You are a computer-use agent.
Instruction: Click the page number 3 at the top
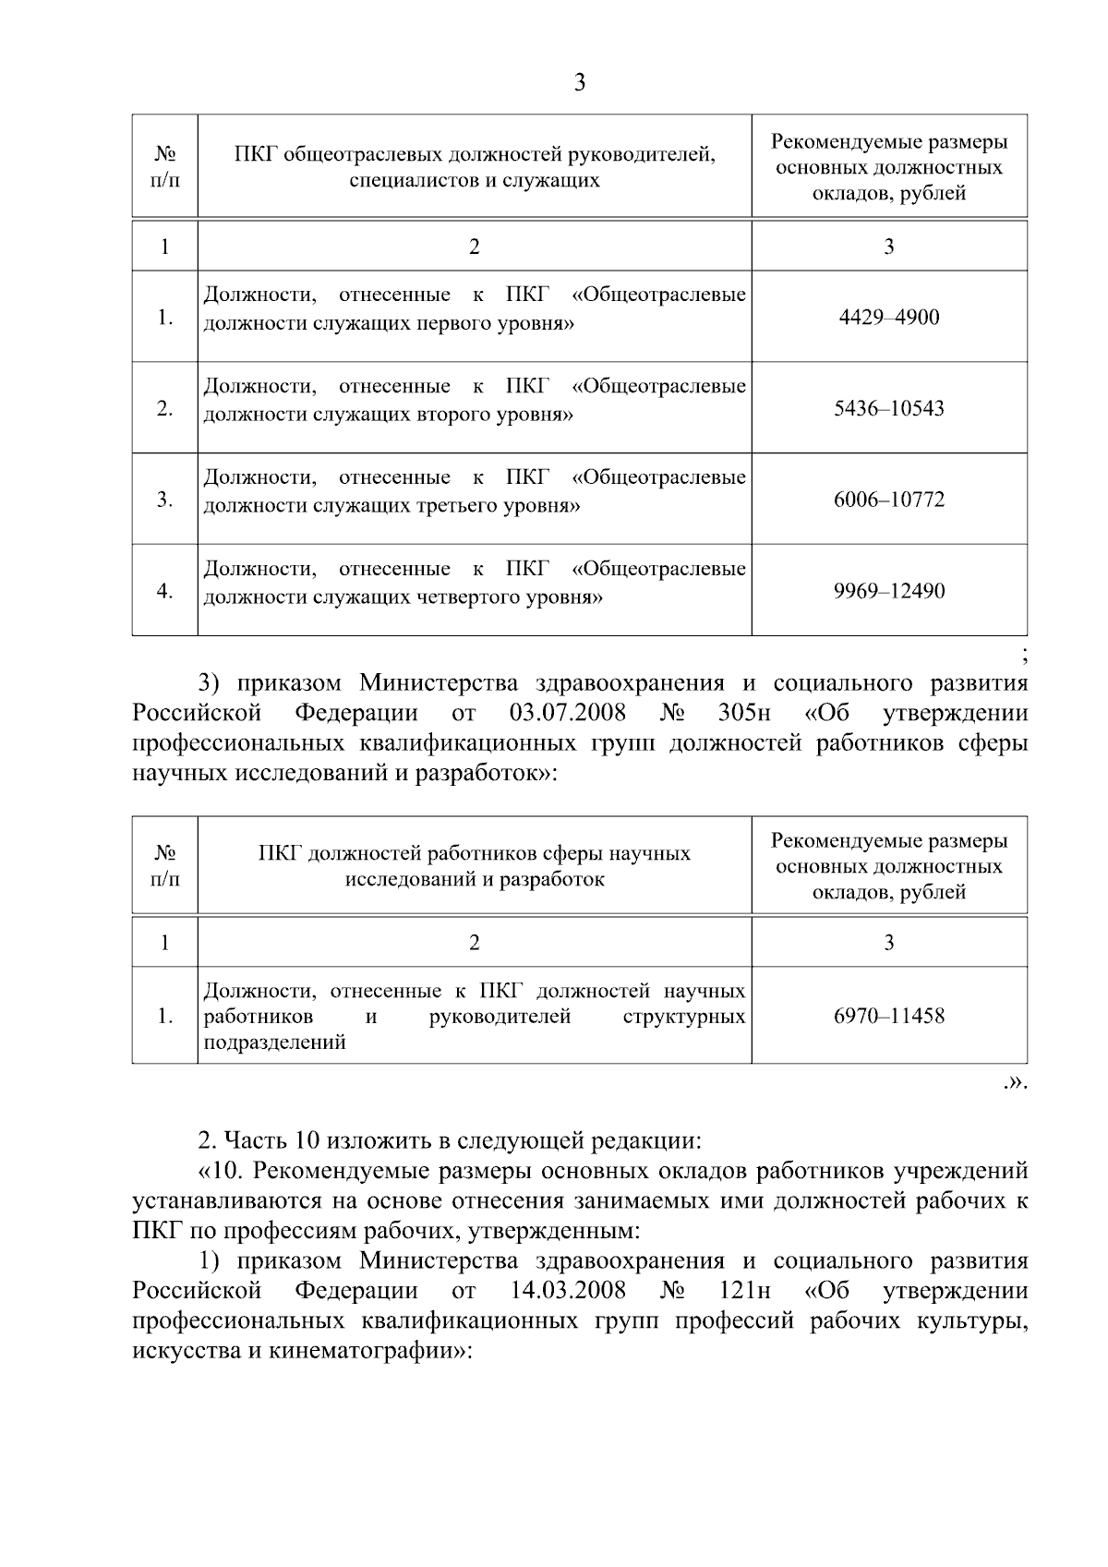(579, 83)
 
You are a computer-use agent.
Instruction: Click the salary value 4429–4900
(888, 318)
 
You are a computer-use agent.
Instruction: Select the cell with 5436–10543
(888, 408)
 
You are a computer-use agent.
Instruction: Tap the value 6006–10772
(888, 500)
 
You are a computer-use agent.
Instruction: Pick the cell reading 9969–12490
(888, 591)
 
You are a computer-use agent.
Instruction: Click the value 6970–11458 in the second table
(888, 1017)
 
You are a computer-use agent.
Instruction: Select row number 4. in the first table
(164, 591)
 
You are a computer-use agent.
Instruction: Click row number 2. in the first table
(164, 408)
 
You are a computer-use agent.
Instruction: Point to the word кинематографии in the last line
(365, 1351)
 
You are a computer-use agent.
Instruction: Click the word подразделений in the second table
(274, 1043)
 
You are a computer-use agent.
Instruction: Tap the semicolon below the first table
(1025, 657)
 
